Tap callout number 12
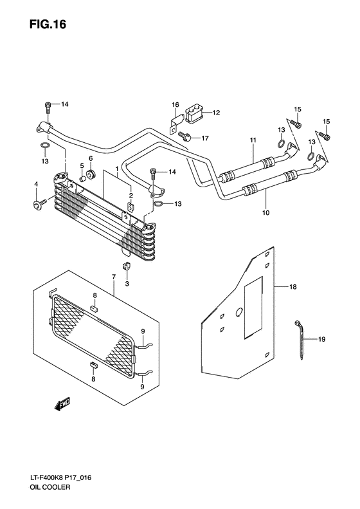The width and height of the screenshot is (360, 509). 216,113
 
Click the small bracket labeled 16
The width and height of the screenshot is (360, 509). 174,125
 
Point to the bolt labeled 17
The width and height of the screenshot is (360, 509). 186,136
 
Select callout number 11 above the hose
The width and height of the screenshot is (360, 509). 253,140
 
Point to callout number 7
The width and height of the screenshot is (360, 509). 114,277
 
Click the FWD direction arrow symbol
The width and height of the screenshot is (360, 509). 62,403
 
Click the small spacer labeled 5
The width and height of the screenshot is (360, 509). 82,181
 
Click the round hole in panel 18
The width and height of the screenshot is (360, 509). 239,313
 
